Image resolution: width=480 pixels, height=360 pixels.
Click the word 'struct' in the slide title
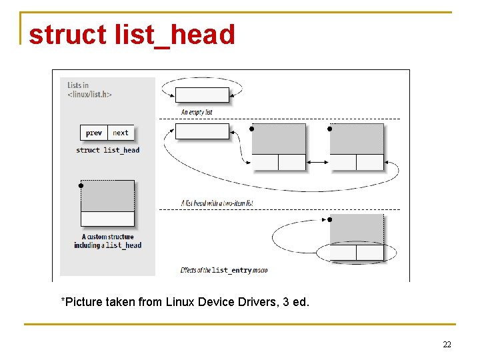(67, 35)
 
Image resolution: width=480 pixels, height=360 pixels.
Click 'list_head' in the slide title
(175, 35)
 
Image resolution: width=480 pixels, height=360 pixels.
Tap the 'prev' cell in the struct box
(94, 133)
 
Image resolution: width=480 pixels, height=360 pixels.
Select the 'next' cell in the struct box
(121, 133)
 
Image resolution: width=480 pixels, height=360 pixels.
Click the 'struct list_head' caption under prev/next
(107, 150)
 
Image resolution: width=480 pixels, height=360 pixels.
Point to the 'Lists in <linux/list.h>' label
(89, 89)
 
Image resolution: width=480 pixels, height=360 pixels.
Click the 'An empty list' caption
(197, 112)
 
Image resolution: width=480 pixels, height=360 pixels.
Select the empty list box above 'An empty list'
(202, 95)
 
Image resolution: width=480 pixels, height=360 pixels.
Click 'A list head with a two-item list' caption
(217, 202)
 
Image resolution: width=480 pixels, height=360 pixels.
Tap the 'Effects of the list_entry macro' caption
(223, 270)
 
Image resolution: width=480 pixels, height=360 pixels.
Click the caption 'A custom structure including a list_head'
(107, 241)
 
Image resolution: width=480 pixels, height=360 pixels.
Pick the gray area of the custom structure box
(107, 196)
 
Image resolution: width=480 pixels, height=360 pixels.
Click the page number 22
(447, 344)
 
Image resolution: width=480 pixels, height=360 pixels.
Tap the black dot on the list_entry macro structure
(330, 219)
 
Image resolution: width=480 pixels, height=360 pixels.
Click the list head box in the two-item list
(202, 131)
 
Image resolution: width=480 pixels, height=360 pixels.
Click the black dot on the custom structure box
(81, 185)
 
